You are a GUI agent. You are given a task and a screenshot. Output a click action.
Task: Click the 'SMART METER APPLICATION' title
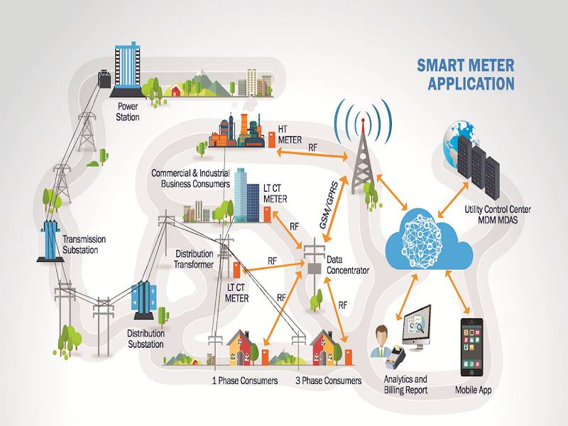click(x=466, y=75)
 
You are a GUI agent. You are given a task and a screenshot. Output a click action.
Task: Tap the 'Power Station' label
click(x=128, y=112)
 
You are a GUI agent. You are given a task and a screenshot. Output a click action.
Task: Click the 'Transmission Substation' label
click(x=84, y=244)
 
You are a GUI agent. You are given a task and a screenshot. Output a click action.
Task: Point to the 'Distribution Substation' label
click(x=146, y=339)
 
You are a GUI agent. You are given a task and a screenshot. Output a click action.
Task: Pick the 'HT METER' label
click(x=290, y=134)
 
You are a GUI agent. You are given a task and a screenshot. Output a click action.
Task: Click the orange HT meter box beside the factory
click(x=272, y=139)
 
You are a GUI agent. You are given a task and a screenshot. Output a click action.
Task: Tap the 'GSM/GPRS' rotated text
click(x=328, y=204)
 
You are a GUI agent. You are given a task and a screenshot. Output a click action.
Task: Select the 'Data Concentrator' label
click(x=348, y=265)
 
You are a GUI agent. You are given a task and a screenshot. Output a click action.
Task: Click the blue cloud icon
click(x=430, y=239)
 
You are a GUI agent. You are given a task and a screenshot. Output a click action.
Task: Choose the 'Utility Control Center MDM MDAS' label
click(x=498, y=214)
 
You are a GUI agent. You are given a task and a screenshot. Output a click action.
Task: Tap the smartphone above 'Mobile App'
click(x=471, y=347)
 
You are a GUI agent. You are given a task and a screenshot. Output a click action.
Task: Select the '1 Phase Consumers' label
click(x=245, y=381)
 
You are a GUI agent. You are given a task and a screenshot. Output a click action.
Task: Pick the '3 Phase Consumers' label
click(x=329, y=381)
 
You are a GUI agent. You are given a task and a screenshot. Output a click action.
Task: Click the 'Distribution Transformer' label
click(x=194, y=259)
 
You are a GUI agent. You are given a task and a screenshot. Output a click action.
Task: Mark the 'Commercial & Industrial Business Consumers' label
click(x=191, y=178)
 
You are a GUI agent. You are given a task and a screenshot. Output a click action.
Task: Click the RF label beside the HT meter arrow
click(x=312, y=148)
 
